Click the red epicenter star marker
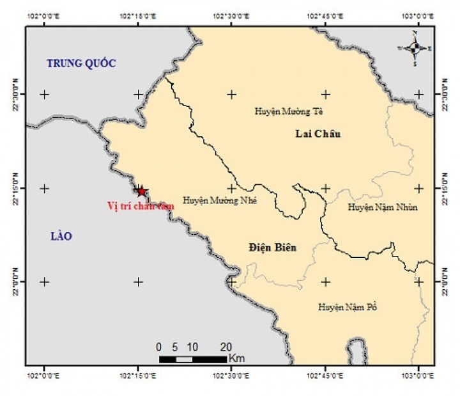click(141, 191)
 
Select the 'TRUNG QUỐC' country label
click(81, 63)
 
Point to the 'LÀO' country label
click(61, 237)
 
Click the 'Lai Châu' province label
click(318, 134)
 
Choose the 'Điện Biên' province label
click(272, 248)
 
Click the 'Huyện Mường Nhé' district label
click(220, 200)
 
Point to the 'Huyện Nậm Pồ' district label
click(348, 307)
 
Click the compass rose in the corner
click(415, 47)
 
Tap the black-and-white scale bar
click(192, 359)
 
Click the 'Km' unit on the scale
click(236, 358)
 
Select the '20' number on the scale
click(226, 347)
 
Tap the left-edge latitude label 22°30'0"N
click(17, 94)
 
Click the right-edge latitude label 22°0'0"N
click(445, 281)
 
